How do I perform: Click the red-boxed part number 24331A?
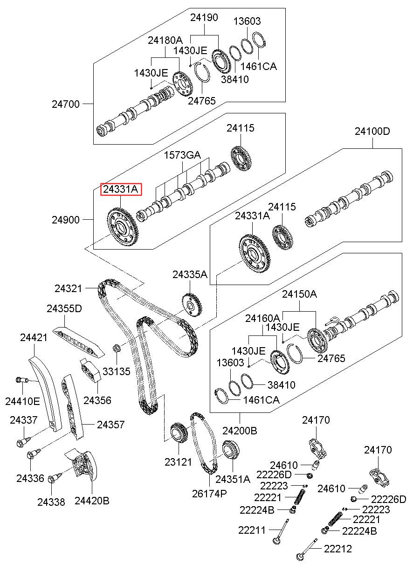[121, 189]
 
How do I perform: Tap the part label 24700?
[66, 104]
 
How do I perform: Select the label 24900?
[66, 220]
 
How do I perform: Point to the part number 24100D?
[372, 131]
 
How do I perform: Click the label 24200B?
[240, 431]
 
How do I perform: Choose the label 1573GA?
[182, 155]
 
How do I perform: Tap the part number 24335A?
[190, 274]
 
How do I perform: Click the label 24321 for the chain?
[68, 288]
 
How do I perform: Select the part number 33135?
[117, 371]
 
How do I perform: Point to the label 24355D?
[64, 308]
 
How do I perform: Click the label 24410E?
[22, 401]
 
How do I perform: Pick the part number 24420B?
[92, 501]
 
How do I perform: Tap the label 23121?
[178, 462]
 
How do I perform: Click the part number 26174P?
[209, 494]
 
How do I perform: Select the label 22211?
[252, 530]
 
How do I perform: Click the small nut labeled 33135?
[117, 348]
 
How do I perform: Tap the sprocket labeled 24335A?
[192, 305]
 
